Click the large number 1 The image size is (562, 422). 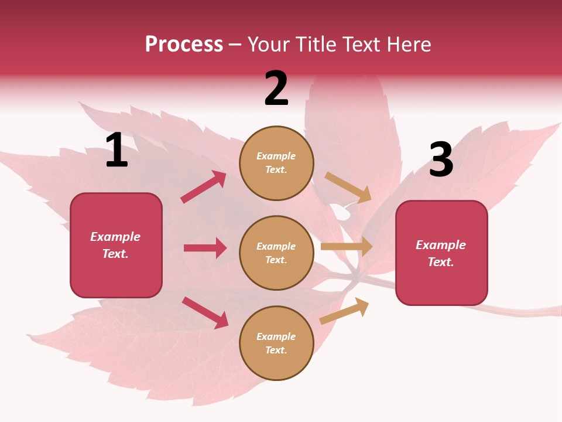116,151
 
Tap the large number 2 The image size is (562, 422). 276,89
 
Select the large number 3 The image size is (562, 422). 441,160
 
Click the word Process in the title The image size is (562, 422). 184,44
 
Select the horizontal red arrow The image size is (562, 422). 205,248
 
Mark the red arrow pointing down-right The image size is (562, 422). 205,312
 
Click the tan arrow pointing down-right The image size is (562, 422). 348,187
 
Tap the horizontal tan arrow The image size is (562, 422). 347,246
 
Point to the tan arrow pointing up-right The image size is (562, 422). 344,311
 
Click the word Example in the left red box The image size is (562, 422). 115,237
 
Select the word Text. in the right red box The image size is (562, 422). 441,262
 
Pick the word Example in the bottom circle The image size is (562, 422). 276,336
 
